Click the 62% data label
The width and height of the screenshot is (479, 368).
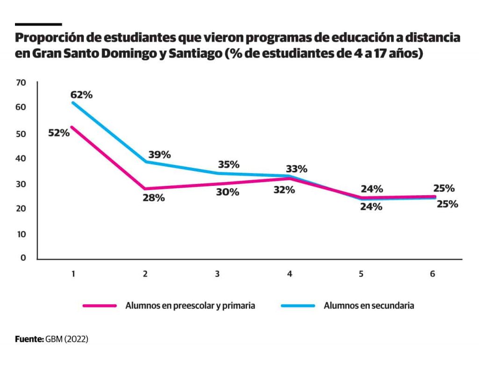point(82,95)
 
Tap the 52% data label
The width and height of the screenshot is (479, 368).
point(59,132)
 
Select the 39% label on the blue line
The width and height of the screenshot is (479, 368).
point(160,155)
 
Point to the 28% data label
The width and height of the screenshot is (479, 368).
point(153,198)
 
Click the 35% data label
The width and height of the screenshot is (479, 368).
point(229,164)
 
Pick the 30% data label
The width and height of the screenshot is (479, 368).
point(228,192)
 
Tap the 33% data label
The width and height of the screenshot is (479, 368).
point(296,169)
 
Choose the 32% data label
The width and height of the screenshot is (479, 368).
point(284,190)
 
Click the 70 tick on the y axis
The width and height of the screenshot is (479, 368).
point(20,83)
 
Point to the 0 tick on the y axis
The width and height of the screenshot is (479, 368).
point(23,258)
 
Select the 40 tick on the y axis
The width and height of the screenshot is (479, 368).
point(20,158)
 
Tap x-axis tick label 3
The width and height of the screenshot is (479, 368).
point(217,274)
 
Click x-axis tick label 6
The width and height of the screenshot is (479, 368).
point(432,274)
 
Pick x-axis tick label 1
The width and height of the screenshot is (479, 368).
point(73,274)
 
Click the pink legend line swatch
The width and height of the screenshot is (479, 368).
point(99,306)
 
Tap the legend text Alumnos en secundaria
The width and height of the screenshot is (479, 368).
point(369,306)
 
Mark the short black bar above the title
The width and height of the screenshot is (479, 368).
point(38,24)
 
